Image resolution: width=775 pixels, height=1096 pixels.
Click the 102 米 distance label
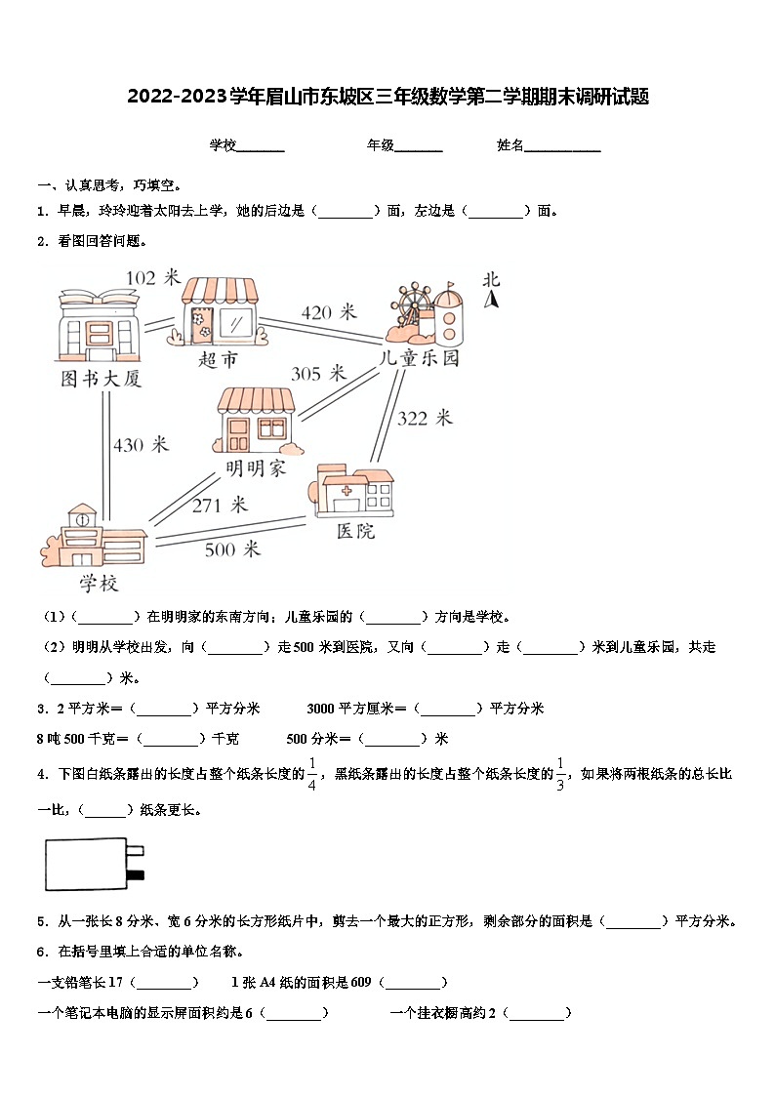coord(153,278)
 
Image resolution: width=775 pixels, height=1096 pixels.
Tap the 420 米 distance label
coord(329,312)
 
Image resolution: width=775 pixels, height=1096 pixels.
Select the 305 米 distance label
coord(319,373)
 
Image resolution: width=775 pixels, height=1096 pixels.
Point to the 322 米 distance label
coord(425,418)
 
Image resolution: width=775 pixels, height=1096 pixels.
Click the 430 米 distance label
coord(141,445)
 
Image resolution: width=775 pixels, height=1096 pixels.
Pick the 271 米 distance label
coord(220,505)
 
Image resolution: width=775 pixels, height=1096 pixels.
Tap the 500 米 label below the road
coord(232,549)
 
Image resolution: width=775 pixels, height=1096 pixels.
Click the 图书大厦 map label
coord(102,378)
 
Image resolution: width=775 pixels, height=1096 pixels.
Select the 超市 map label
coord(218,360)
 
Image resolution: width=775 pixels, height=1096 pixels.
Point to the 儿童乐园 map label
coord(420,358)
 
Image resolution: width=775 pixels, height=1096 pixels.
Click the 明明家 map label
coord(256,468)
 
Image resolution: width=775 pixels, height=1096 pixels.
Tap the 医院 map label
coord(355,531)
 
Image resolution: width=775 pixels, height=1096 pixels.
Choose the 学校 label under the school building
coord(99,584)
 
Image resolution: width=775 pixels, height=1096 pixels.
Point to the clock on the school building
coord(81,519)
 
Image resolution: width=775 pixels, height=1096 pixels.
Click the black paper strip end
coord(138,874)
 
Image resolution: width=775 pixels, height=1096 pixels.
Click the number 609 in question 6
coord(361,983)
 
